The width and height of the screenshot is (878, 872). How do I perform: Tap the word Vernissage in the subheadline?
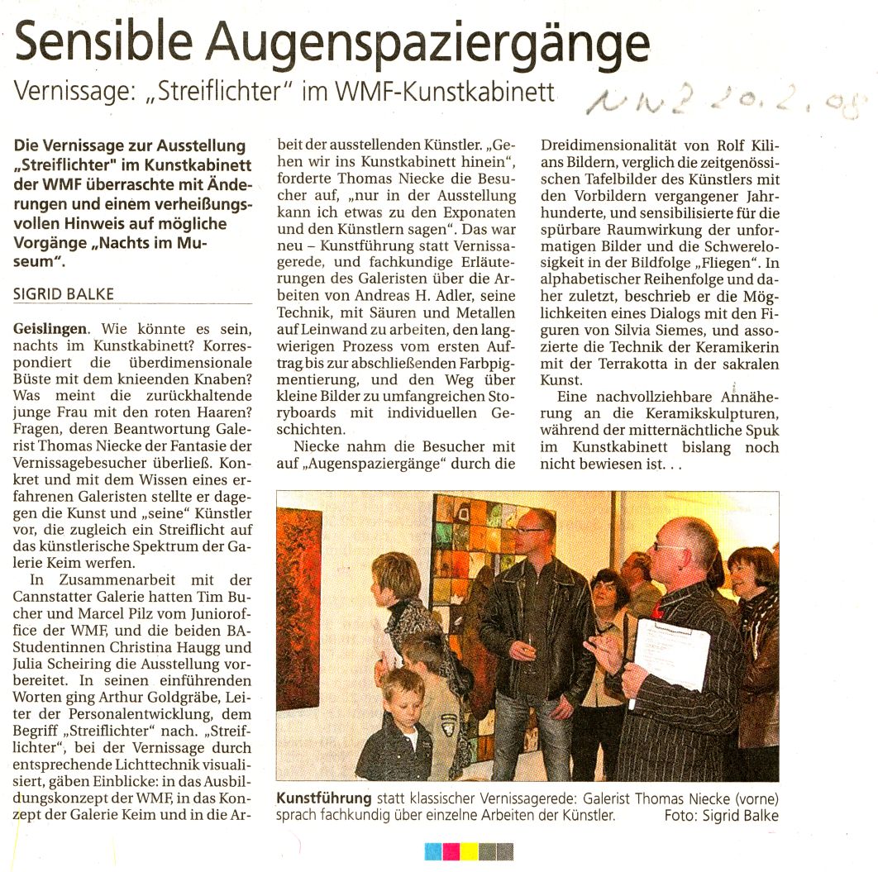coord(69,92)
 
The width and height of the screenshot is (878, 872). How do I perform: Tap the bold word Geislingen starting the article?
coord(49,328)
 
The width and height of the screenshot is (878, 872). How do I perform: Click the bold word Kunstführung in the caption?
coord(323,799)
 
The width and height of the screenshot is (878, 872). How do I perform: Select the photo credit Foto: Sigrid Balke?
coord(721,816)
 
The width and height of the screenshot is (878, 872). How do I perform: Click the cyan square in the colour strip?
coord(433,851)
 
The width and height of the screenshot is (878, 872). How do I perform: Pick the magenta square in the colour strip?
coord(451,851)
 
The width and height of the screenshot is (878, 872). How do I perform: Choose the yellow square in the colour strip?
coord(469,851)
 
